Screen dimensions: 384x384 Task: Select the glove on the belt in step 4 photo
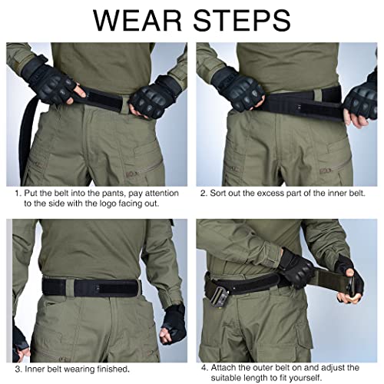click(296, 268)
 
